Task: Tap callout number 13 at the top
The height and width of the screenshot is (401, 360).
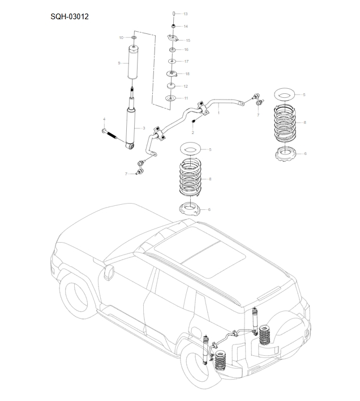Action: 186,13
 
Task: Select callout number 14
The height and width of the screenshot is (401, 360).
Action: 186,27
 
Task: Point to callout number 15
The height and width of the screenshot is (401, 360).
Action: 187,41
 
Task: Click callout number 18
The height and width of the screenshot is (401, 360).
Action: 187,74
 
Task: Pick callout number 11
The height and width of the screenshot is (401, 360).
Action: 186,98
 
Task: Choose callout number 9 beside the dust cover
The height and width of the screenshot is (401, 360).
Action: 119,63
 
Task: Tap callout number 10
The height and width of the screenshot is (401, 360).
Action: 121,37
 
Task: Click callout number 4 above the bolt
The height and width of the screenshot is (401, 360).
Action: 104,119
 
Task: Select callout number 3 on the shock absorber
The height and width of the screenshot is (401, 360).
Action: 144,128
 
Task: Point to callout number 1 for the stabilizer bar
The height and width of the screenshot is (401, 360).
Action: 218,113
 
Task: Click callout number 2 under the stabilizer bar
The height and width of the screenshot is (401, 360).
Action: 192,132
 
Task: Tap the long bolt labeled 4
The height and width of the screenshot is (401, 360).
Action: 113,135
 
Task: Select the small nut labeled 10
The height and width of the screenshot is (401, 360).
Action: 134,38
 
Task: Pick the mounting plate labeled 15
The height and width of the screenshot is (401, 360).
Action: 173,38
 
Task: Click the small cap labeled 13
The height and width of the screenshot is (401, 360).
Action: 173,12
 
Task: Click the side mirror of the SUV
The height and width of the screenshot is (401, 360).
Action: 108,273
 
